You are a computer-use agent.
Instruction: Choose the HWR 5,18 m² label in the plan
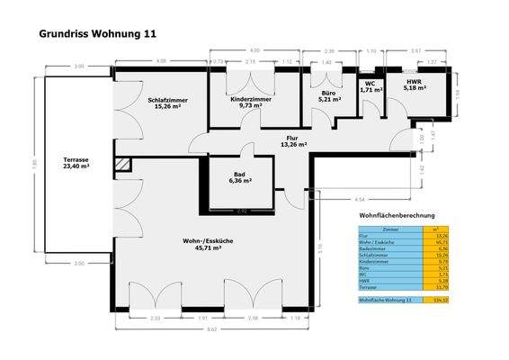click(414, 85)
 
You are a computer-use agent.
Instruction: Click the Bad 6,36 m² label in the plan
click(239, 177)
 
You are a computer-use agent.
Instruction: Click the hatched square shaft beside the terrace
click(123, 166)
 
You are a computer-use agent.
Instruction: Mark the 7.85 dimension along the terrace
click(35, 164)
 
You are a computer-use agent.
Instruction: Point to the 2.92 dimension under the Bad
click(241, 211)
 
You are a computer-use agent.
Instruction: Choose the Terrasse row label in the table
click(371, 287)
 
